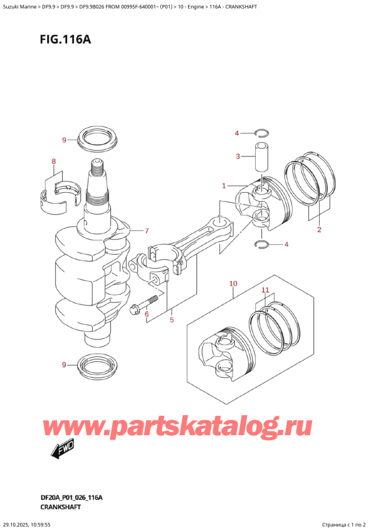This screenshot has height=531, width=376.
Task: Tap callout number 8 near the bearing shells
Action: (x=54, y=162)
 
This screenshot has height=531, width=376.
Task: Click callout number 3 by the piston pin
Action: (x=238, y=156)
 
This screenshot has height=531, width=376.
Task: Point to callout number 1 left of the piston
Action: (x=224, y=185)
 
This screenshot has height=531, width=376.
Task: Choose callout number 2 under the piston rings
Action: (x=319, y=230)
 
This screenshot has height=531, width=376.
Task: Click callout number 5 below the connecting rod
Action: (x=171, y=320)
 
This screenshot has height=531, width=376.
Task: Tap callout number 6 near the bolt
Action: (x=147, y=314)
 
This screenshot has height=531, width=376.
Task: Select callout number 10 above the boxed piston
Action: (x=233, y=284)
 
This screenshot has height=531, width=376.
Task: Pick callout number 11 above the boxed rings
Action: (x=265, y=291)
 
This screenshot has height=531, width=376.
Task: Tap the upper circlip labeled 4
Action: (x=263, y=132)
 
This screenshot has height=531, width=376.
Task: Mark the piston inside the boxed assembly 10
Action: (x=223, y=358)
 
